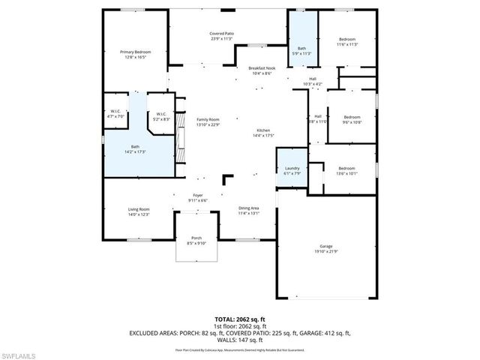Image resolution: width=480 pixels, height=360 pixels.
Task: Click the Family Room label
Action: pyautogui.click(x=208, y=120)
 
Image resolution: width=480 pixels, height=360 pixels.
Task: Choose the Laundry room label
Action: pyautogui.click(x=291, y=169)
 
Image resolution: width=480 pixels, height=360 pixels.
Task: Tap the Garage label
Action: pyautogui.click(x=325, y=246)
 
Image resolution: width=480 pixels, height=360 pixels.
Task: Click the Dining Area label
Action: pyautogui.click(x=249, y=208)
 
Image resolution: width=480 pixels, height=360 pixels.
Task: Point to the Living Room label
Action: pyautogui.click(x=138, y=209)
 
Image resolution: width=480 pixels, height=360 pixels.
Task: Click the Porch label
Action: pyautogui.click(x=196, y=238)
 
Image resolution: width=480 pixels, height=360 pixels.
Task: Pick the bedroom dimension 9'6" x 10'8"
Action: pyautogui.click(x=352, y=122)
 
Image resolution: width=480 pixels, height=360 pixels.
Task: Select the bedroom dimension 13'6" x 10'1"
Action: pyautogui.click(x=346, y=173)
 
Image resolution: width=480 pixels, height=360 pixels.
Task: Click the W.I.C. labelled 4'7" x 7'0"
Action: pyautogui.click(x=116, y=116)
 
